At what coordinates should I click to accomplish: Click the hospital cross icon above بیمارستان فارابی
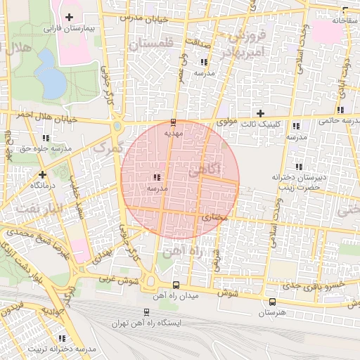69,16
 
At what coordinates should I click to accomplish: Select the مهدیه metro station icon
174,122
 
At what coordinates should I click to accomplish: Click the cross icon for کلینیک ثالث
260,113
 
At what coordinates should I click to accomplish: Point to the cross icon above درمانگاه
43,174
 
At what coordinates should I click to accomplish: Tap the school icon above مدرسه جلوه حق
46,139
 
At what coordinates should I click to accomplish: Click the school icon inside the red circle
156,178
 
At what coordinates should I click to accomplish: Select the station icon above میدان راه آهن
175,285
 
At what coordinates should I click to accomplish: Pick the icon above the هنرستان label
272,302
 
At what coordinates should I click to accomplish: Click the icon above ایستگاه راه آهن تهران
146,312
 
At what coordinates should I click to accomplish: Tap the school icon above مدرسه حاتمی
341,110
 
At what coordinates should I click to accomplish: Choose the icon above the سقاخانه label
345,10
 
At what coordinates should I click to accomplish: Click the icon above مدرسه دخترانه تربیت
59,338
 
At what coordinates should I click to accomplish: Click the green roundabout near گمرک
117,126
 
